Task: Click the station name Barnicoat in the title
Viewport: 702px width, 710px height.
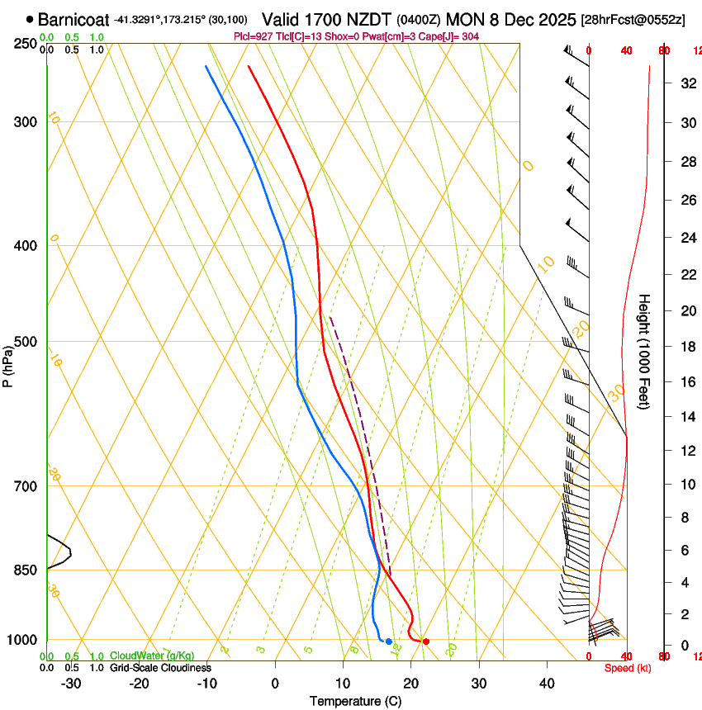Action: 73,18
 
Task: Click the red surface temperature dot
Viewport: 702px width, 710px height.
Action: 426,641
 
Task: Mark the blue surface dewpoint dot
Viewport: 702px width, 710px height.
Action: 389,641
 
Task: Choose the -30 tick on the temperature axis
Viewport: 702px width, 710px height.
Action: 71,684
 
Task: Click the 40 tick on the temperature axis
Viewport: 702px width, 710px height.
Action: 547,684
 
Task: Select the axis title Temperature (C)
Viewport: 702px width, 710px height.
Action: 355,701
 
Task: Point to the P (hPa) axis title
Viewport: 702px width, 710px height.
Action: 7,362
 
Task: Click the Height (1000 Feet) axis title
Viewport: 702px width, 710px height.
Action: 644,351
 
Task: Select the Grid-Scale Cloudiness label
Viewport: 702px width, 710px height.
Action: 160,667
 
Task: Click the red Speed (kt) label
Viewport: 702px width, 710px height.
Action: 628,668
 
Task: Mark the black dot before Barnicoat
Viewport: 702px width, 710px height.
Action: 31,18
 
